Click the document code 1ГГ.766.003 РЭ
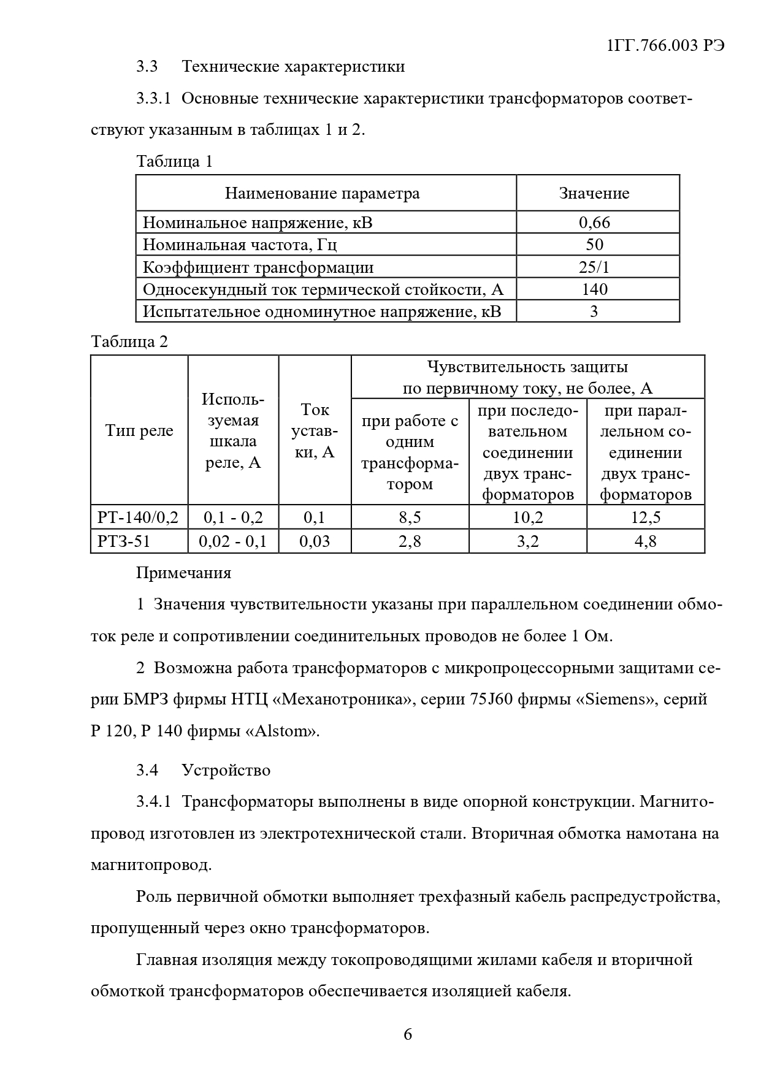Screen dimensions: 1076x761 666,46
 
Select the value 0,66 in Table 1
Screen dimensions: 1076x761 594,223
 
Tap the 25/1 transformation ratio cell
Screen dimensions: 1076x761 594,267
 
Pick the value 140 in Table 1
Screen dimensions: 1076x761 594,289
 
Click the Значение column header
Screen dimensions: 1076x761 594,194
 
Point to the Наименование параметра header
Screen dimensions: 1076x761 322,194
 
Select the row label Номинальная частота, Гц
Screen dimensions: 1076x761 240,245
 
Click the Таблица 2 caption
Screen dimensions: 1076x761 129,341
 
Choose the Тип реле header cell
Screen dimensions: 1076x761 139,430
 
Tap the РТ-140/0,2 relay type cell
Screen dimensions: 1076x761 138,517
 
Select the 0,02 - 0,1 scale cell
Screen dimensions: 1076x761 233,541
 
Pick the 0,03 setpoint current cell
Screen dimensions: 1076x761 314,541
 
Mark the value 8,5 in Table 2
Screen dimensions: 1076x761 410,517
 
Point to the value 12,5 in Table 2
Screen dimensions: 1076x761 646,517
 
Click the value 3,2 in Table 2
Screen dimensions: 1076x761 527,541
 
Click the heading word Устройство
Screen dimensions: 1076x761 226,770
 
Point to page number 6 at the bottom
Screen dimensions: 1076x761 408,1035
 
